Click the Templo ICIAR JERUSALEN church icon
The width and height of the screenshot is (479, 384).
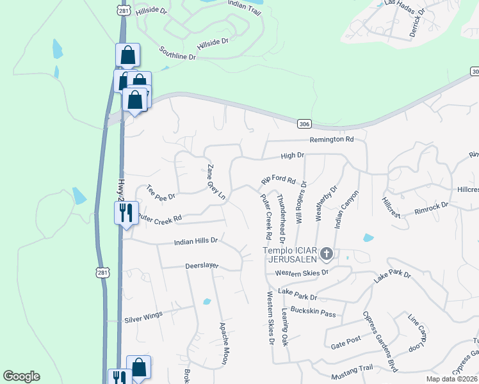327,255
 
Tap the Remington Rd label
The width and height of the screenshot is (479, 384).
332,139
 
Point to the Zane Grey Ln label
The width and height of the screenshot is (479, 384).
216,182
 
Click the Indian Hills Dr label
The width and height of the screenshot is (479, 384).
197,242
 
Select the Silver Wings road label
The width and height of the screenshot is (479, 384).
143,317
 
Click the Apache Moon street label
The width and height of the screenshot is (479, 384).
224,343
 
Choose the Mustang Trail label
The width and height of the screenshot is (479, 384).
351,368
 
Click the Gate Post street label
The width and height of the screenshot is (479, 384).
346,343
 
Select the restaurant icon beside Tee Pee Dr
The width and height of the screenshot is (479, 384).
126,212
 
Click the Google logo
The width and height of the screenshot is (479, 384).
21,376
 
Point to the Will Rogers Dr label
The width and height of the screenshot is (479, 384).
301,202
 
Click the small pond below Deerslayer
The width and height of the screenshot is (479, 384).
206,301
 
